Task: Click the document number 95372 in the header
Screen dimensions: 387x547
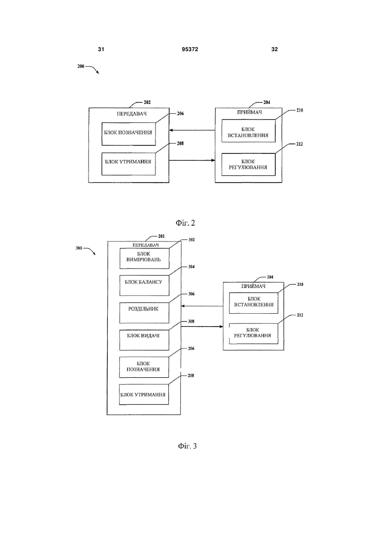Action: pos(190,49)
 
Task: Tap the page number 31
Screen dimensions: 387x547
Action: pos(101,49)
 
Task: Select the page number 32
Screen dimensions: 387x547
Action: pos(274,49)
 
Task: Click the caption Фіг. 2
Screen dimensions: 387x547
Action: pos(185,223)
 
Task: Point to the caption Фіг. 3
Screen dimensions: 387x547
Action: pos(187,446)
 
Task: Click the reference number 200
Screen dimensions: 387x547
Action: pos(81,66)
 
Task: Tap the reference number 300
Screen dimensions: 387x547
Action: pos(79,248)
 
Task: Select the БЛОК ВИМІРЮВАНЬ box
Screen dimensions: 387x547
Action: pos(144,258)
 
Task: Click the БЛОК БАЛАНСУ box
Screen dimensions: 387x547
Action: pos(144,285)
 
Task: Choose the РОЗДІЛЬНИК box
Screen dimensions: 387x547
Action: pos(144,313)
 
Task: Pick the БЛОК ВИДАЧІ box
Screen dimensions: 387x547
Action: pos(144,340)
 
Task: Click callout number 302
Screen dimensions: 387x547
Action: pos(192,240)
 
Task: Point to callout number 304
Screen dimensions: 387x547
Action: pos(192,267)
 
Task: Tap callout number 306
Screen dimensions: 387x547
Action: pos(192,294)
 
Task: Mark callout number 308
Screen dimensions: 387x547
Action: pos(191,321)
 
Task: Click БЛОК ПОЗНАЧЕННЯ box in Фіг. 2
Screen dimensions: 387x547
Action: pos(129,134)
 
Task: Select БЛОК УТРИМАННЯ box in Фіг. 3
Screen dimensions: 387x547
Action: pos(144,394)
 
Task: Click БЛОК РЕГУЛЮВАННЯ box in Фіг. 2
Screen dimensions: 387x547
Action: pos(249,164)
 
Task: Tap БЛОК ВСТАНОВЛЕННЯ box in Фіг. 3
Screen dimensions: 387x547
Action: pos(254,303)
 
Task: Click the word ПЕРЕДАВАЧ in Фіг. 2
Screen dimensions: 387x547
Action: pos(131,114)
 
